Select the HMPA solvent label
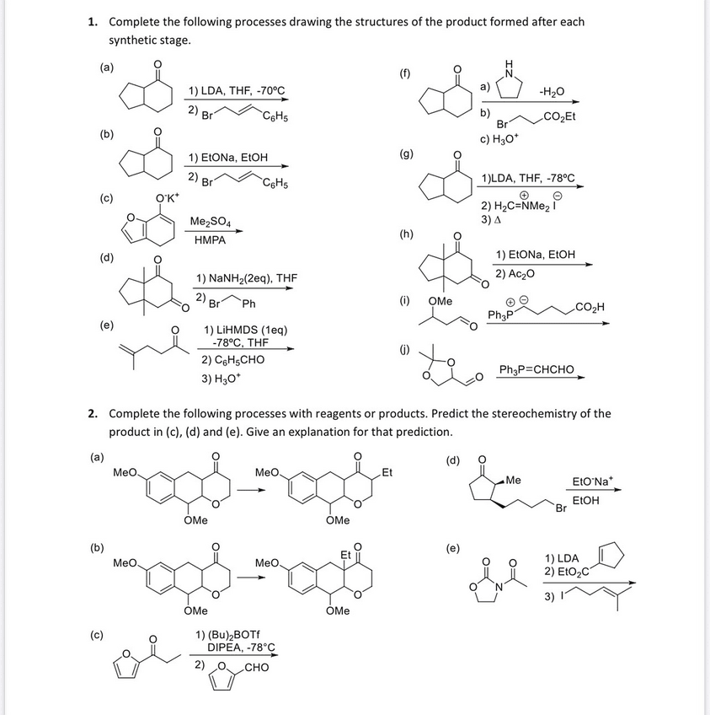click(210, 240)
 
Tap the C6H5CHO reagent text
click(233, 359)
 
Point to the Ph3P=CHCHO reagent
click(537, 369)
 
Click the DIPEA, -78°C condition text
click(241, 648)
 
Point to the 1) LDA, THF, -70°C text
click(237, 90)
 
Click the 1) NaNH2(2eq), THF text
click(246, 277)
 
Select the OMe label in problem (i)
click(440, 300)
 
